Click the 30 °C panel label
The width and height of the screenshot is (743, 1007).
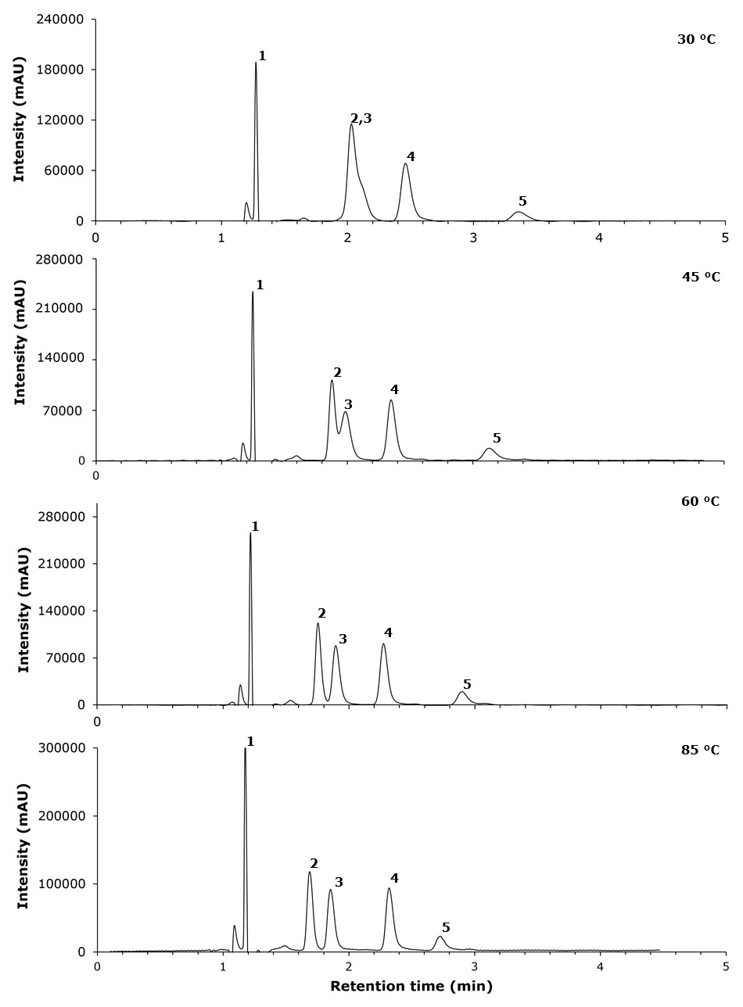(696, 40)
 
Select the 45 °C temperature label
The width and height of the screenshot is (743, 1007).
(701, 277)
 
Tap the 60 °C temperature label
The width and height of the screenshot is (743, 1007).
(700, 501)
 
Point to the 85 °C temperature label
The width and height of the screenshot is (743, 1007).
(700, 750)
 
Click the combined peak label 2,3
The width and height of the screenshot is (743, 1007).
(361, 119)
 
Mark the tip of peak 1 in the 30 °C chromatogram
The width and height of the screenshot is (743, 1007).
(256, 62)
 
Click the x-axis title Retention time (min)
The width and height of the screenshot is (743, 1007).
(411, 986)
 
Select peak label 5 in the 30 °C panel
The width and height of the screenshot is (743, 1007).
(522, 201)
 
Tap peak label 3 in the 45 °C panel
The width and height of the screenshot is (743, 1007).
(348, 404)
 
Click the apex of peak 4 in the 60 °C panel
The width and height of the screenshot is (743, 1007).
(383, 643)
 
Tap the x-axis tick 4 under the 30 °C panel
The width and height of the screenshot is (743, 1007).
(599, 238)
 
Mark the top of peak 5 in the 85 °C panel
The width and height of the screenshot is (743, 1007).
(440, 937)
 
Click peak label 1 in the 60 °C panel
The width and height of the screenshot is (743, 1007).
(255, 526)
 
